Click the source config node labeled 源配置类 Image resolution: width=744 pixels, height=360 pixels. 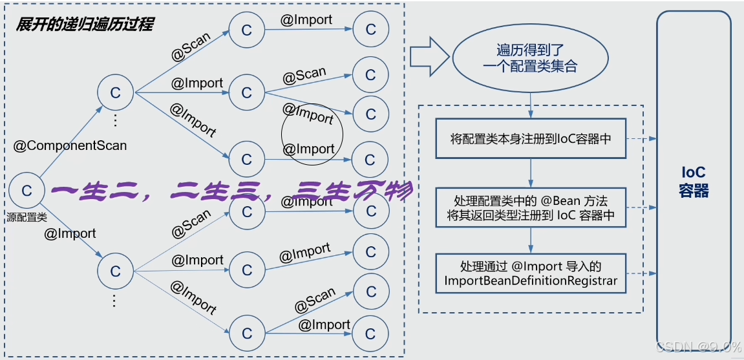pyautogui.click(x=27, y=191)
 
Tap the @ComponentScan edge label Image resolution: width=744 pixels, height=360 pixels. pyautogui.click(x=70, y=145)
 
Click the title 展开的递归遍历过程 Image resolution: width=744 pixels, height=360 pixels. pyautogui.click(x=85, y=25)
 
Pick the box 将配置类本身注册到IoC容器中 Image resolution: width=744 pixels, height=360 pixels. pyautogui.click(x=531, y=138)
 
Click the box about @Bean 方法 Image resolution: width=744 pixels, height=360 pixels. pyautogui.click(x=531, y=207)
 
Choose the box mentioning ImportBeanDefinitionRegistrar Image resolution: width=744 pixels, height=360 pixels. pyautogui.click(x=531, y=273)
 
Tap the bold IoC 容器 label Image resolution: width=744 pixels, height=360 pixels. pyautogui.click(x=693, y=182)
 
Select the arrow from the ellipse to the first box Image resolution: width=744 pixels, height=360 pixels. pyautogui.click(x=531, y=105)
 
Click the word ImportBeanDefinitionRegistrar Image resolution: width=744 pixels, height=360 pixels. pyautogui.click(x=531, y=281)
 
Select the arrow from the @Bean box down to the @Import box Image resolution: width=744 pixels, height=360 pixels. pyautogui.click(x=531, y=240)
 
